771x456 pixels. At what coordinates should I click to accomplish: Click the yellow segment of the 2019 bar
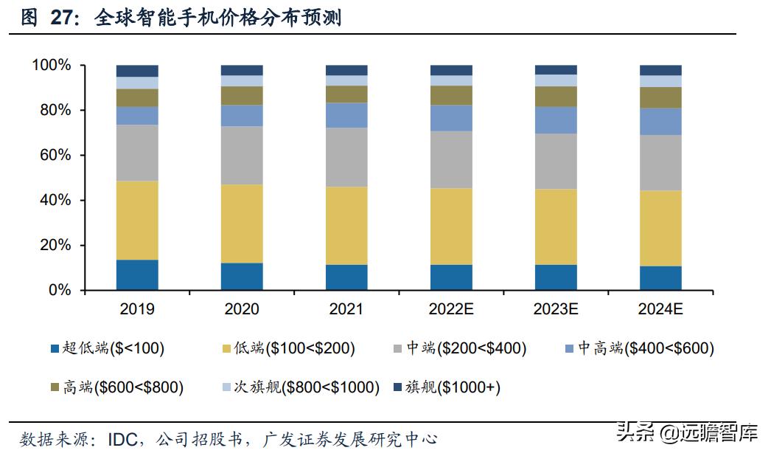137,220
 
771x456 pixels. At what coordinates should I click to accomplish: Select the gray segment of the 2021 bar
346,157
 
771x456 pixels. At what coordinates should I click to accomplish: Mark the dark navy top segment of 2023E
556,69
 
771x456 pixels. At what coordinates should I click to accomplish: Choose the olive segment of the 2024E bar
660,97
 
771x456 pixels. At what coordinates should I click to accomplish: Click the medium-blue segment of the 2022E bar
451,118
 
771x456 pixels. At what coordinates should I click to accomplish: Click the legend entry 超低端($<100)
107,348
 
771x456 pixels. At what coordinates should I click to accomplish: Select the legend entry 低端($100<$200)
287,348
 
